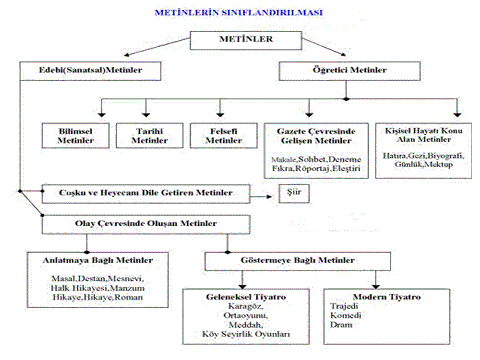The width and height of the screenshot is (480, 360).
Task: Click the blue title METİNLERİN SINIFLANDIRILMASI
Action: (239, 13)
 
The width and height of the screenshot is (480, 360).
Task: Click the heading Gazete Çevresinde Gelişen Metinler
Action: (316, 136)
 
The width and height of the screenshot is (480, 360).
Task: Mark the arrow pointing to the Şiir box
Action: (261, 197)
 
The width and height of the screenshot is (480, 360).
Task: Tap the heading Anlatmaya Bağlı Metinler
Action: (98, 260)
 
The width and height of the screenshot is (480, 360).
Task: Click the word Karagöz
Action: (246, 306)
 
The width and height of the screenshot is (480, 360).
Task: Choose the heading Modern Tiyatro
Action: (387, 297)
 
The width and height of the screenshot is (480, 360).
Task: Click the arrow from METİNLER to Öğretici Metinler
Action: (324, 47)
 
